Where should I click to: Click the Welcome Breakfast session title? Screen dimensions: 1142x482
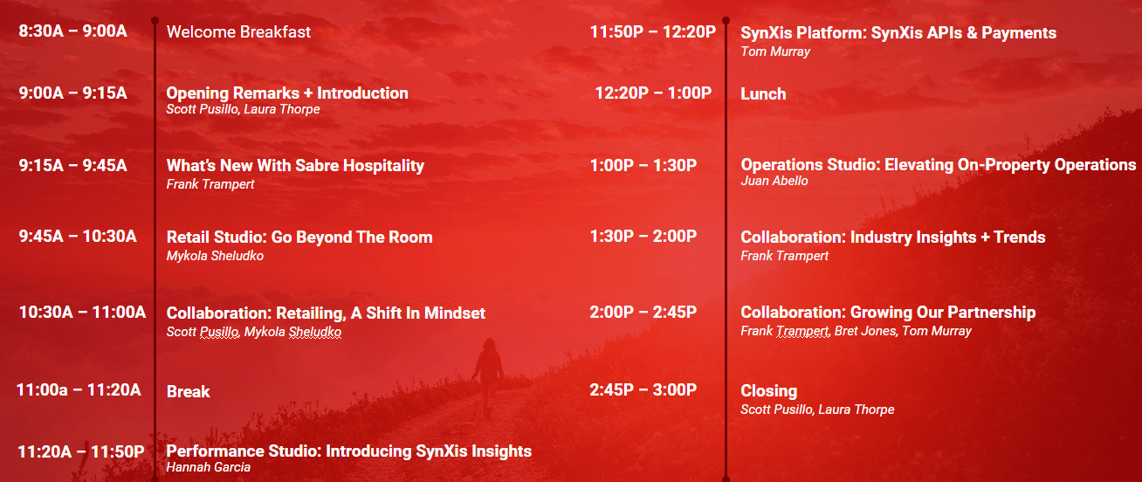point(238,32)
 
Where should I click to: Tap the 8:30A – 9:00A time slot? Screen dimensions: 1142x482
point(73,31)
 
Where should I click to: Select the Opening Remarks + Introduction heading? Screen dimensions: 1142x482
point(287,93)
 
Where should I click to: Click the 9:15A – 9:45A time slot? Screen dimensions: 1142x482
point(73,165)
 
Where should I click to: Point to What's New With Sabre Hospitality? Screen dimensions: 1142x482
point(295,165)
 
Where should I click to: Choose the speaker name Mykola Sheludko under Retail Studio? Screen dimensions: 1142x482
point(215,256)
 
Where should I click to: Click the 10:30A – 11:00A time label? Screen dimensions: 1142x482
point(83,312)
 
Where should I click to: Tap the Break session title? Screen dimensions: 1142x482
point(188,391)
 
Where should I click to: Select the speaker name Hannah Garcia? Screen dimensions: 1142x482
point(209,466)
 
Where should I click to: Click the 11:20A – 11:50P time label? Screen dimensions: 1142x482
point(81,451)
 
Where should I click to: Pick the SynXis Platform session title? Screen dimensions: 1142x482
point(898,32)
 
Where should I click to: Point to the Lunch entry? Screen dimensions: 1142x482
point(763,93)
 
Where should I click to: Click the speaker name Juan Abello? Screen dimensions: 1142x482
point(774,181)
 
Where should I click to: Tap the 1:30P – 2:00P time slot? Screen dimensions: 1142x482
point(643,236)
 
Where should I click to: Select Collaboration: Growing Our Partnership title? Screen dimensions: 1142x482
point(888,312)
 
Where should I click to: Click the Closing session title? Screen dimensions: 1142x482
point(769,391)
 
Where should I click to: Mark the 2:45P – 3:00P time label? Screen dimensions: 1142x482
point(643,389)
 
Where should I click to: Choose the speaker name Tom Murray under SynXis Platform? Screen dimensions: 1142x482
point(775,52)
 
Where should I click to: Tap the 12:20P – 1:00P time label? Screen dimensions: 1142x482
point(654,93)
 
